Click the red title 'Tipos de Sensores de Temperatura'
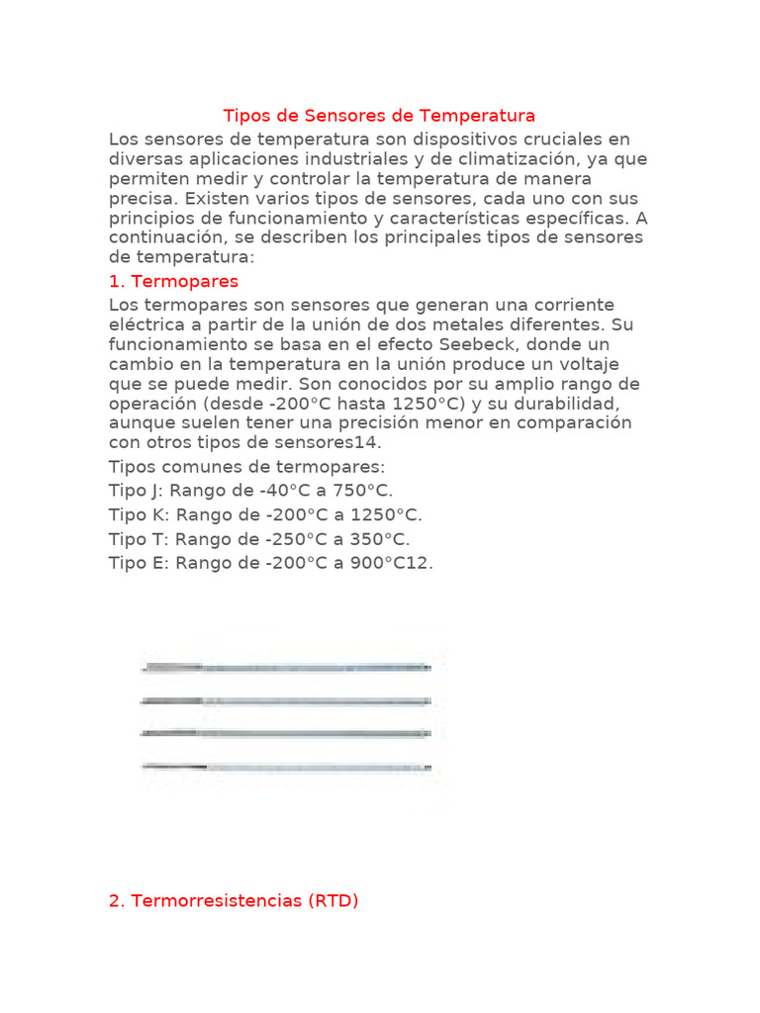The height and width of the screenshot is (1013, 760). click(x=379, y=117)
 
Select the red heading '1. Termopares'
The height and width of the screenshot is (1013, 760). click(x=173, y=282)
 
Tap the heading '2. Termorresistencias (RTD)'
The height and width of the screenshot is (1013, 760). click(x=234, y=901)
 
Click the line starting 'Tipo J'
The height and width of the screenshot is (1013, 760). click(x=251, y=491)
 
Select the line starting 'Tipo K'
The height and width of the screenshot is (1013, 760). click(x=265, y=515)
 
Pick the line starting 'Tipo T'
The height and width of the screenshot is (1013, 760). click(x=259, y=539)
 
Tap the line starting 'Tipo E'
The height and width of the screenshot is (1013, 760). click(x=271, y=564)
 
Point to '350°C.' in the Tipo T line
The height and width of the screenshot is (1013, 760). click(x=380, y=539)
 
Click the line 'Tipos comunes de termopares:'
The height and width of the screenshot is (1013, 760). click(x=247, y=467)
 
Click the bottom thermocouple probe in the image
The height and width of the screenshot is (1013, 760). click(x=287, y=767)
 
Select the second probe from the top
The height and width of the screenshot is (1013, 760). click(x=287, y=701)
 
